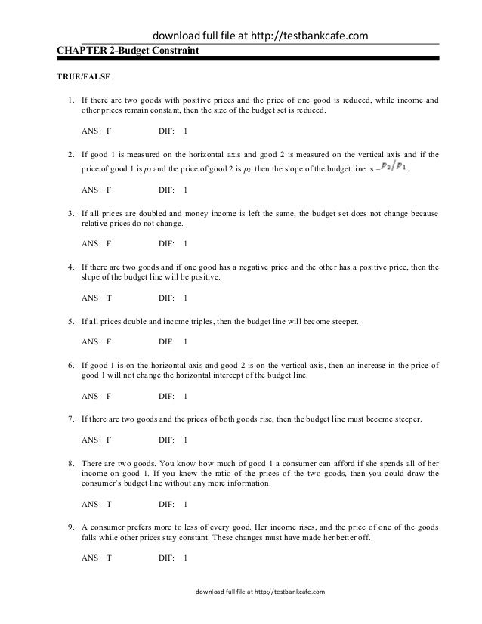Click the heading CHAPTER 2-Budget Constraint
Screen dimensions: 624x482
[129, 51]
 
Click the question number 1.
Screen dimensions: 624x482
[70, 100]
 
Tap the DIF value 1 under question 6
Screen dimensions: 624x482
[186, 396]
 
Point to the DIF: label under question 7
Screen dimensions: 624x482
[168, 440]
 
